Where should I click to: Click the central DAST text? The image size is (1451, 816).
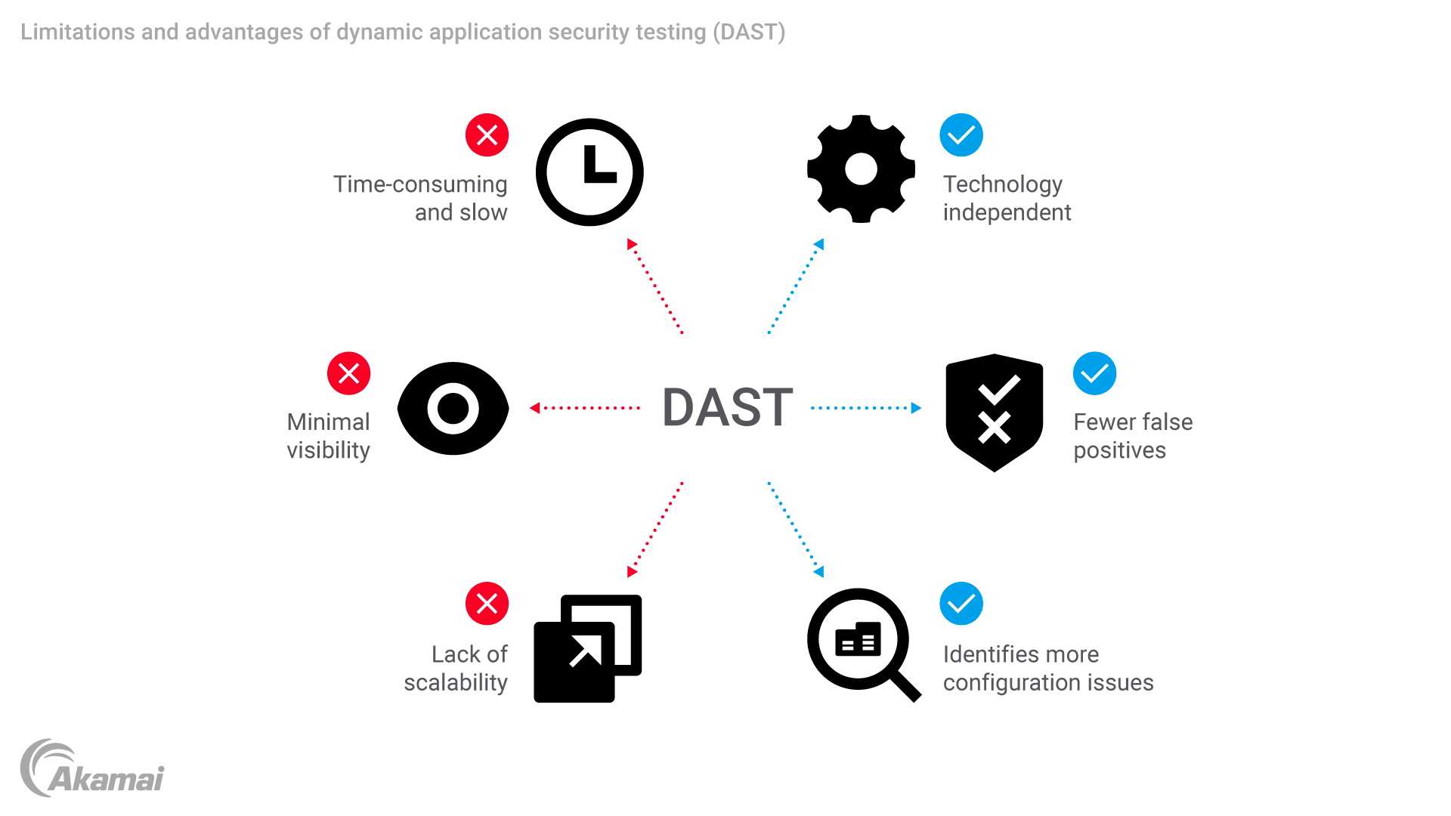[x=727, y=408]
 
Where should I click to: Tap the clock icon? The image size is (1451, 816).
[x=589, y=172]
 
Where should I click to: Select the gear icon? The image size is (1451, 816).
[x=861, y=169]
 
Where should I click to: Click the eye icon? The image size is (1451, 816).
[x=453, y=409]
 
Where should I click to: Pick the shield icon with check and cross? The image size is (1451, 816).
[x=995, y=412]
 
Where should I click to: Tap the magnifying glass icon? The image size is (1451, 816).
[x=862, y=643]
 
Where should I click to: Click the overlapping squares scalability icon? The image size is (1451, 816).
[x=587, y=648]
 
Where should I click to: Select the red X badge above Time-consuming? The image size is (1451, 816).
[x=487, y=135]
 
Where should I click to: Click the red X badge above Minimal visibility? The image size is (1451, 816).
[x=348, y=373]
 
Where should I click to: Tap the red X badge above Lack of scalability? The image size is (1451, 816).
[x=487, y=604]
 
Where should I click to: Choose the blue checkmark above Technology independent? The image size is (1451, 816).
[x=961, y=135]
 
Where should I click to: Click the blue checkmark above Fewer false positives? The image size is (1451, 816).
[x=1094, y=373]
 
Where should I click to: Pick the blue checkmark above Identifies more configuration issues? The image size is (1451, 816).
[x=961, y=604]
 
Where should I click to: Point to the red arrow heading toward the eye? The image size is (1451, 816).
[x=585, y=408]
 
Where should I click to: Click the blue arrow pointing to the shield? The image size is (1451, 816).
[x=866, y=408]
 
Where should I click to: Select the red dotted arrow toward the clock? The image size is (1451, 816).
[x=655, y=287]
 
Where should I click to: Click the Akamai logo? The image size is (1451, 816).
[x=92, y=769]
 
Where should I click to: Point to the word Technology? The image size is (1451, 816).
[x=1002, y=184]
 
